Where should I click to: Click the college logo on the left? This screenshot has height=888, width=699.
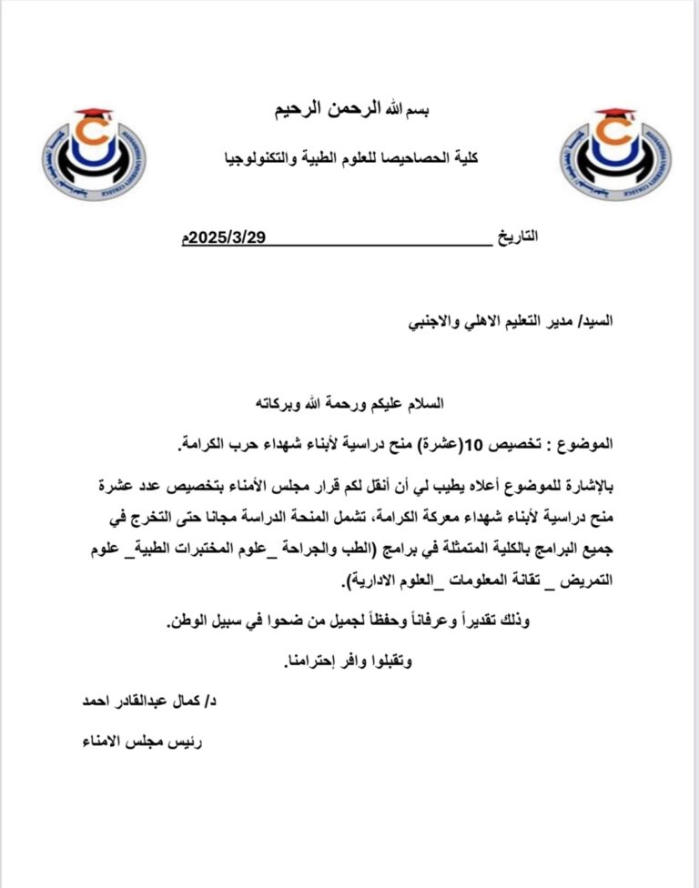click(x=94, y=149)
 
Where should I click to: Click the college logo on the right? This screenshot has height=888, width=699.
click(x=615, y=149)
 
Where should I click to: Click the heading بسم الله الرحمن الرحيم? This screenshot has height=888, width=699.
click(x=350, y=111)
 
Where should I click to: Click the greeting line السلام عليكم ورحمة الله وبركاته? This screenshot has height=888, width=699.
click(x=351, y=401)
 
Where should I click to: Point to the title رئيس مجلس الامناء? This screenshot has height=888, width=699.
click(x=142, y=741)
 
